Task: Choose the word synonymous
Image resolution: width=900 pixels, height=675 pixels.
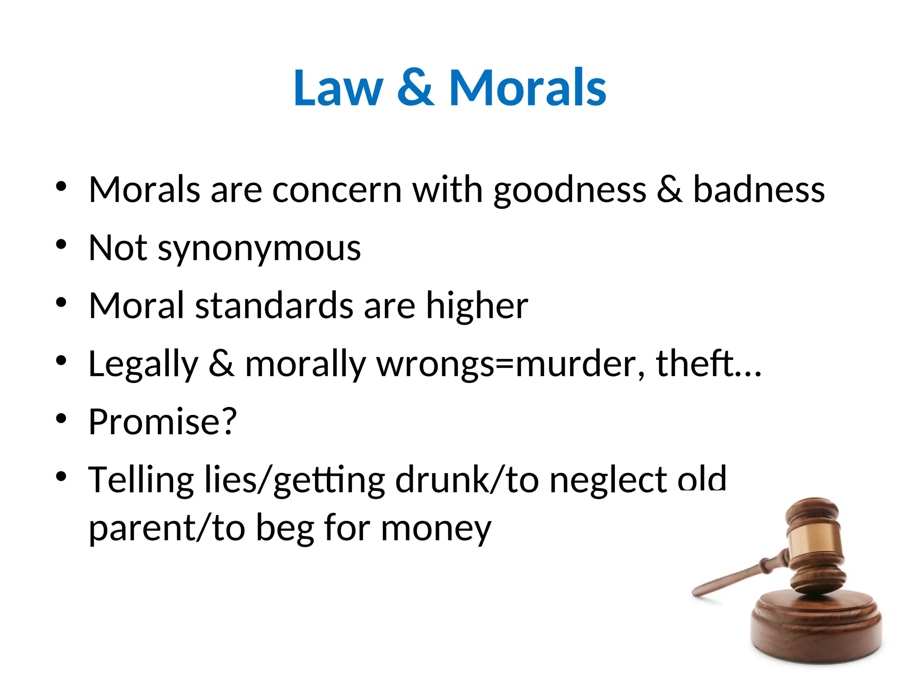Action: pyautogui.click(x=259, y=249)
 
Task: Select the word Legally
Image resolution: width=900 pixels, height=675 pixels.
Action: pyautogui.click(x=143, y=365)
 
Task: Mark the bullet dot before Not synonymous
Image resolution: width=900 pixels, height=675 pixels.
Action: pyautogui.click(x=61, y=244)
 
